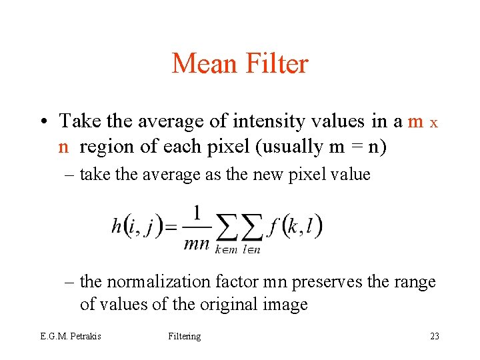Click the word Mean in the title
point(204,64)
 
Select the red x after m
point(433,123)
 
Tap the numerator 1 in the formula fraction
point(197,213)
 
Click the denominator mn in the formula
point(197,243)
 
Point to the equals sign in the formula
point(171,228)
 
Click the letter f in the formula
point(272,227)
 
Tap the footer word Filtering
point(184,336)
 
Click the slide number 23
point(434,336)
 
